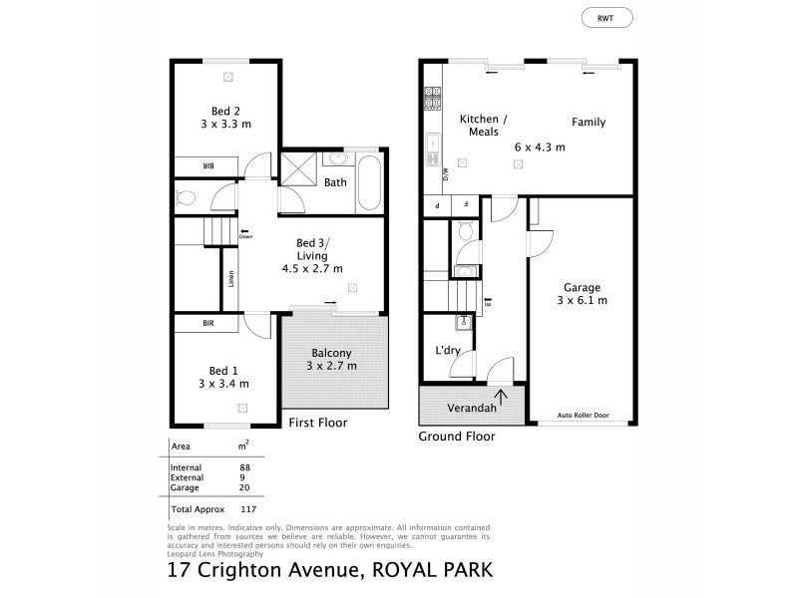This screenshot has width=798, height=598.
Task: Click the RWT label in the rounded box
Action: (x=606, y=17)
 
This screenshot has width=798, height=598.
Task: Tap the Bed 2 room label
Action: (x=225, y=111)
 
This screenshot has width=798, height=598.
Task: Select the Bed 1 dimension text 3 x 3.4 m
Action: (x=223, y=383)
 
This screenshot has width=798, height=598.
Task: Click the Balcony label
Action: (x=331, y=353)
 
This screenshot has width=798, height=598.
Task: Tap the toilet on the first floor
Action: (x=185, y=196)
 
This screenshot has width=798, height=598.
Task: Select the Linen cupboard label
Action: (x=230, y=281)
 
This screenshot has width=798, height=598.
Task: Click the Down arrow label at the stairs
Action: (x=245, y=236)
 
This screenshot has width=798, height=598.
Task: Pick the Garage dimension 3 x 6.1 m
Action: (x=582, y=300)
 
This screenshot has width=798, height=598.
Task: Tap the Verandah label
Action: (x=459, y=409)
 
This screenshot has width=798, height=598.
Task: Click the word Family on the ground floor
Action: (x=589, y=123)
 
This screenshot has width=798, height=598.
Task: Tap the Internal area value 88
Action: (x=243, y=467)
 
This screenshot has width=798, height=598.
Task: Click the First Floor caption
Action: (x=317, y=423)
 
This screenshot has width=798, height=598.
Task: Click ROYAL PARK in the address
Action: (x=435, y=572)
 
